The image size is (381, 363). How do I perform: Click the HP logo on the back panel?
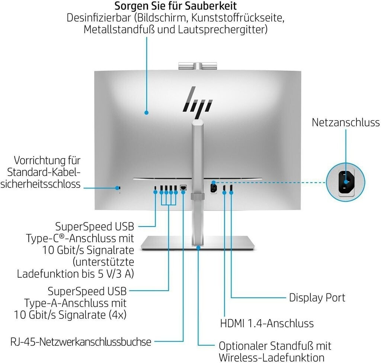[x=197, y=102]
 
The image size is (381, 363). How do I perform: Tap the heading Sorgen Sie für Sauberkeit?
[x=176, y=6]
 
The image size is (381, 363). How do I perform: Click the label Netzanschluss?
[x=346, y=122]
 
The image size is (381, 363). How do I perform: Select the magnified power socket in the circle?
[x=346, y=182]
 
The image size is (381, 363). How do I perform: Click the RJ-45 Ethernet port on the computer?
[x=183, y=187]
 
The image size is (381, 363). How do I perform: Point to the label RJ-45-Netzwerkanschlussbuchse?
[x=81, y=342]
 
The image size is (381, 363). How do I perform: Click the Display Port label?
[x=317, y=298]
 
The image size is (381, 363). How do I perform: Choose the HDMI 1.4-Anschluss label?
[x=267, y=324]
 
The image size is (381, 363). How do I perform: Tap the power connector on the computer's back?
[x=214, y=188]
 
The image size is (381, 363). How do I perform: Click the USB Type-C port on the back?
[x=155, y=188]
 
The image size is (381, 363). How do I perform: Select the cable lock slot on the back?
[x=118, y=188]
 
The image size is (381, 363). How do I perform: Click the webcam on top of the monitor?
[x=197, y=66]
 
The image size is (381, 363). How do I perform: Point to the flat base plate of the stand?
[x=198, y=243]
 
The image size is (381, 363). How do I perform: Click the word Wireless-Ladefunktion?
[x=271, y=358]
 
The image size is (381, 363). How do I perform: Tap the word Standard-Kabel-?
[x=44, y=172]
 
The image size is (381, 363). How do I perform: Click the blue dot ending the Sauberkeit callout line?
[x=146, y=112]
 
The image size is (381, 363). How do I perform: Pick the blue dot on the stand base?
[x=198, y=248]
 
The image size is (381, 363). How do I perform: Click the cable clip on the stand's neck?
[x=197, y=196]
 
